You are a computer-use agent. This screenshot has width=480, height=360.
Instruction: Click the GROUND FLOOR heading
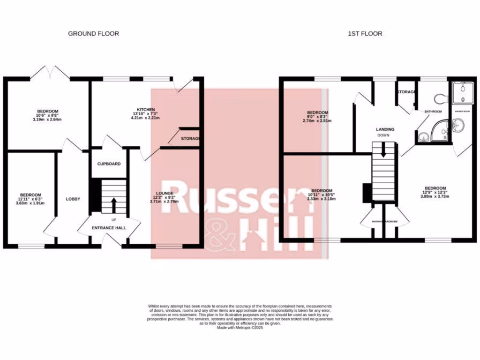(93, 34)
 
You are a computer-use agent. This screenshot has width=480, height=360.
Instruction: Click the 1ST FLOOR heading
(365, 34)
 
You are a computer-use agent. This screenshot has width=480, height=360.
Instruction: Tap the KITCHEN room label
(145, 110)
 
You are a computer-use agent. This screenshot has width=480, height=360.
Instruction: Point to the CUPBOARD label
(109, 164)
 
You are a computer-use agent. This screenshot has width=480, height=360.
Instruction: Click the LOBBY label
(73, 199)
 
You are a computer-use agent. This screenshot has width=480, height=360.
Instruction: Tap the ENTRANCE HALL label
(109, 228)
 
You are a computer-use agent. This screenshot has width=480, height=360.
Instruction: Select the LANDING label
(385, 129)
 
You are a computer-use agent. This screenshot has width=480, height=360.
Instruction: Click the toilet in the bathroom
(439, 98)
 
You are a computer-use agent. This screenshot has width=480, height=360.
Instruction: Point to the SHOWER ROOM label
(462, 112)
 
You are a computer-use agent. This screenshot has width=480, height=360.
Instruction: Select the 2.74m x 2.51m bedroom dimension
(317, 120)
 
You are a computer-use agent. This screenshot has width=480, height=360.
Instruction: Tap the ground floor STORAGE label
(191, 139)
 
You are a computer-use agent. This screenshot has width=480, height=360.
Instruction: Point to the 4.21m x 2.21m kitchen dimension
(145, 118)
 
